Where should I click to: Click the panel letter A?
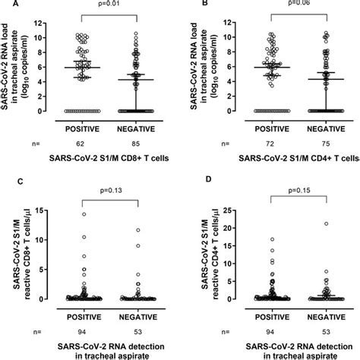tap(5, 4)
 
